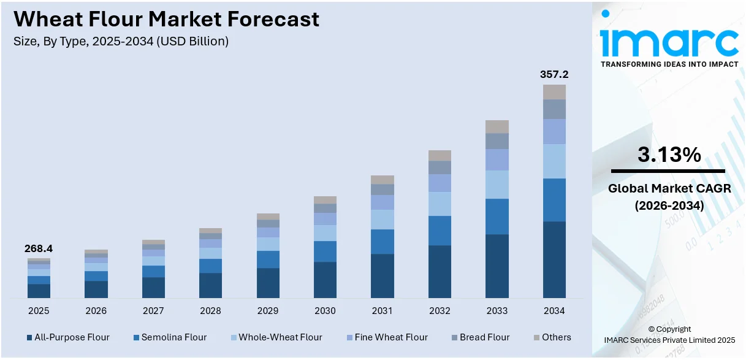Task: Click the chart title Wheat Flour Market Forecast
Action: (x=166, y=19)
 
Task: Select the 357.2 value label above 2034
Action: (x=554, y=74)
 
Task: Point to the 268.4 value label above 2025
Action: (x=39, y=248)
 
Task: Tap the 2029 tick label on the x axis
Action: (x=268, y=311)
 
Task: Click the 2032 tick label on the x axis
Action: (x=440, y=311)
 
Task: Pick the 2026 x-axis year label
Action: (x=96, y=311)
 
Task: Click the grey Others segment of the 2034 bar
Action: (x=554, y=92)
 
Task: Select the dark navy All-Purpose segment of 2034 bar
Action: (x=554, y=259)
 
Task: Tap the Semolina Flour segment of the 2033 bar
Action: (x=497, y=216)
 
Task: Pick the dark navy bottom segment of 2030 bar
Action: (x=325, y=280)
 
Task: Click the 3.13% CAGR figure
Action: (x=669, y=155)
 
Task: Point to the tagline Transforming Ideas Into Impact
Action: (x=669, y=64)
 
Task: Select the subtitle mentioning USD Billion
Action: (x=121, y=42)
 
